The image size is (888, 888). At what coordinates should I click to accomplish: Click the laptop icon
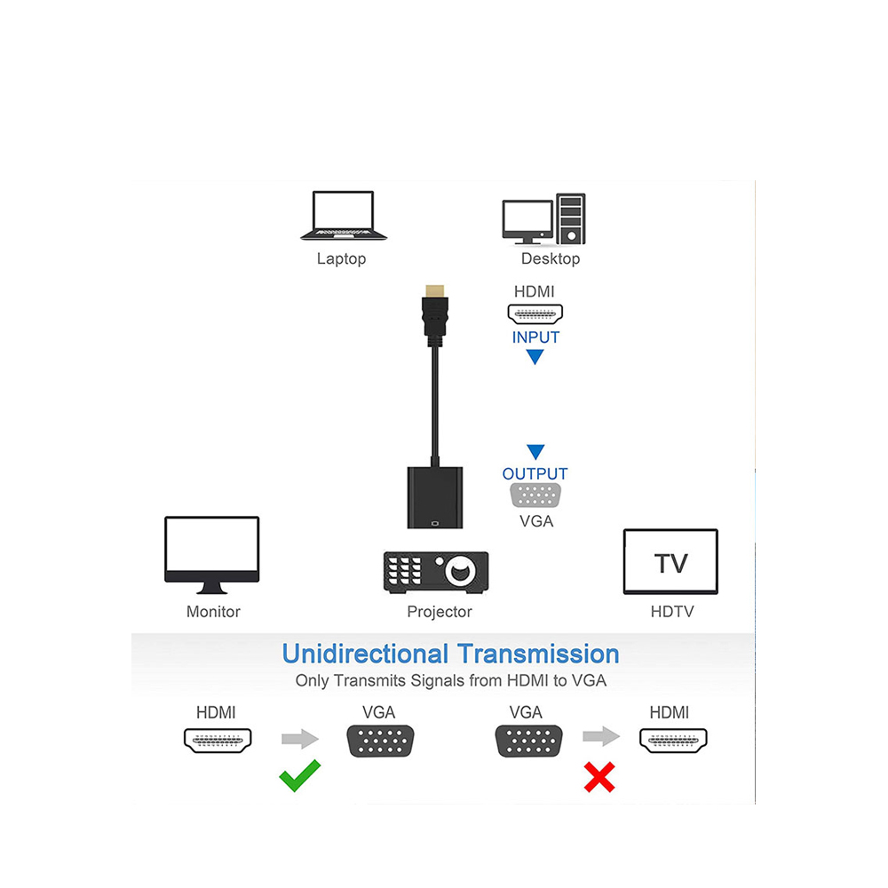click(343, 216)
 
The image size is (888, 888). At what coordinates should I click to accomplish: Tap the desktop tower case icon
click(570, 218)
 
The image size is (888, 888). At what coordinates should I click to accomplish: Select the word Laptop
click(342, 258)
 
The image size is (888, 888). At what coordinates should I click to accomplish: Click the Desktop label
click(551, 258)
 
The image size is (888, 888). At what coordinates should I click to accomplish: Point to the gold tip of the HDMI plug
click(435, 290)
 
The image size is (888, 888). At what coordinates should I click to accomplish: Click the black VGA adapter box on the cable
click(435, 498)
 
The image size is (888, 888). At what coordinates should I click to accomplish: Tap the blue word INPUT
click(535, 337)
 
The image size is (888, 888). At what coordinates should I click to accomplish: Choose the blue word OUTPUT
click(535, 474)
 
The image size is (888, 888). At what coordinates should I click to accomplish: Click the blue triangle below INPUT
click(535, 357)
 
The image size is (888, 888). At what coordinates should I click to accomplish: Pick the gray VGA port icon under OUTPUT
click(535, 496)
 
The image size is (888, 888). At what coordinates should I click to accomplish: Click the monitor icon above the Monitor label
click(212, 555)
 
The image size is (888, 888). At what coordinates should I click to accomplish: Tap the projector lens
click(460, 571)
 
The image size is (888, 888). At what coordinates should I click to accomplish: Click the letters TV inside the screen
click(670, 564)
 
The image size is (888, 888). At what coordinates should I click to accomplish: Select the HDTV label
click(671, 612)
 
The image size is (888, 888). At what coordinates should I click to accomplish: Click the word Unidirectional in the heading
click(365, 654)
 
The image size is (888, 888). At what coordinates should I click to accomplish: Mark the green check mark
click(299, 775)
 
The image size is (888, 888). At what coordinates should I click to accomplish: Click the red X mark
click(599, 777)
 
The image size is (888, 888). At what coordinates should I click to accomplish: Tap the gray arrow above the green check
click(300, 739)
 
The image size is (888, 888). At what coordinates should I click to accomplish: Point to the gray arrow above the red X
click(601, 736)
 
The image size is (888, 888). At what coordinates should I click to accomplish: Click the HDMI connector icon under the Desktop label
click(535, 313)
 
